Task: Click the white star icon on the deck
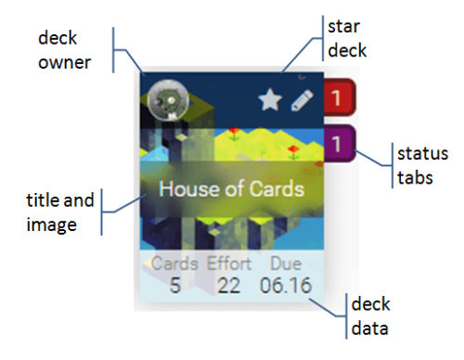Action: tap(269, 100)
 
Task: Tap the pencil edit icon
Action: tap(299, 100)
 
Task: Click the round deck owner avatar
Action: tap(168, 99)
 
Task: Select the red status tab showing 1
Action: tap(340, 97)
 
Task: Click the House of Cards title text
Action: tap(231, 188)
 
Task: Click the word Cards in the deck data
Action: tap(174, 264)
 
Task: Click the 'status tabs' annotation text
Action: tap(417, 163)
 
